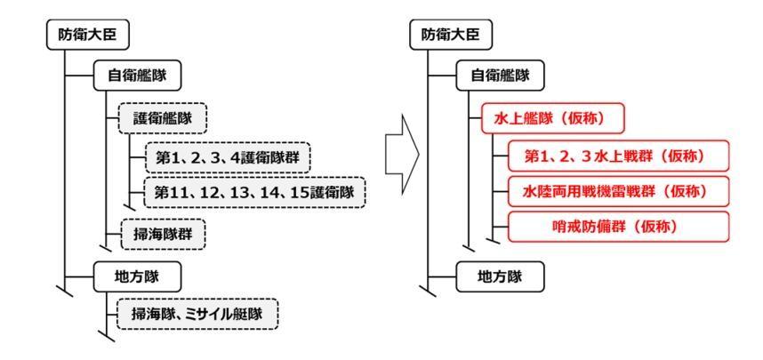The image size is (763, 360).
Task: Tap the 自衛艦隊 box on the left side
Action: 136,76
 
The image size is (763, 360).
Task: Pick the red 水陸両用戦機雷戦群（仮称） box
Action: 614,190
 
